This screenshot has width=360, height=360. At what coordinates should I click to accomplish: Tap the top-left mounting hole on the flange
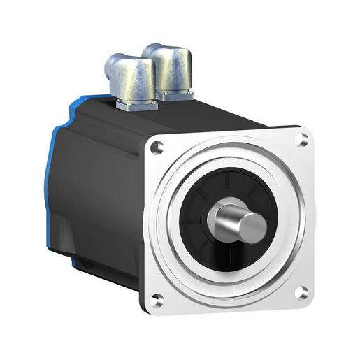point(157,147)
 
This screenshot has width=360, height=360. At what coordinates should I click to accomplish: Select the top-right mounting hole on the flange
point(302,141)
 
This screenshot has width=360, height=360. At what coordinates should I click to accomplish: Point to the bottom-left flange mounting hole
point(157,301)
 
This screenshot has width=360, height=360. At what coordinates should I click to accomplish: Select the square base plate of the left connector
point(133,105)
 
